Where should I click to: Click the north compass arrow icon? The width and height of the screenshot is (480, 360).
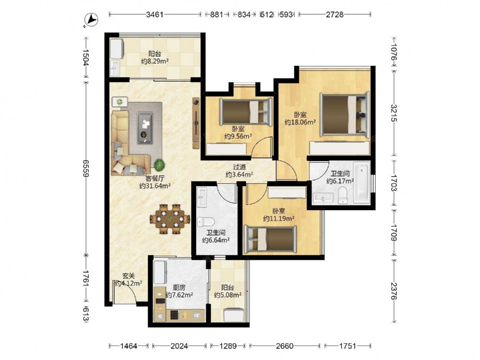pos(91,20)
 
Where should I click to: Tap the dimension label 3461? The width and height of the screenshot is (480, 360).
pos(155,14)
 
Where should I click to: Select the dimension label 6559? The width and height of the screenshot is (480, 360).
pos(85,168)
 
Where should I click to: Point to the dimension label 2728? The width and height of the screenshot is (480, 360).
pos(335,14)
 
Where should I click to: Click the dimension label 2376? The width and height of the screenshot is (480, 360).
pos(394,291)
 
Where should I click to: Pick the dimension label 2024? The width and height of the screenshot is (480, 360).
pos(179,346)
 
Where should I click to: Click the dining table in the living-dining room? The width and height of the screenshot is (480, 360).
pos(170,219)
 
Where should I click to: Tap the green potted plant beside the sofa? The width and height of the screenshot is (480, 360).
pos(159,165)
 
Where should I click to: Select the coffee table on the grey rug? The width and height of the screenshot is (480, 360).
pos(145,128)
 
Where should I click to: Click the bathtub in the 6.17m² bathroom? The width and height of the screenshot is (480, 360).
pos(361,182)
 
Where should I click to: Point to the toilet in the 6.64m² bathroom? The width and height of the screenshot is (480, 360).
pos(205,221)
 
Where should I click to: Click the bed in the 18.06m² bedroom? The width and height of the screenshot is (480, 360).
pos(345,114)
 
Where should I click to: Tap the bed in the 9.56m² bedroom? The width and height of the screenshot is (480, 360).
pos(246,112)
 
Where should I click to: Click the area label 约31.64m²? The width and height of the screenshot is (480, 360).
pos(155,186)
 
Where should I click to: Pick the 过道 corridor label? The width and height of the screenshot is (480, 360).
pos(240,167)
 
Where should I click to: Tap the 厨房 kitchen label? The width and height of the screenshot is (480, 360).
pos(179,288)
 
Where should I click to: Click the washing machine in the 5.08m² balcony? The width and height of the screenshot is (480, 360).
pos(234,315)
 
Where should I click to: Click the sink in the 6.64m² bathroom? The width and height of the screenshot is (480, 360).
pos(202,197)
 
